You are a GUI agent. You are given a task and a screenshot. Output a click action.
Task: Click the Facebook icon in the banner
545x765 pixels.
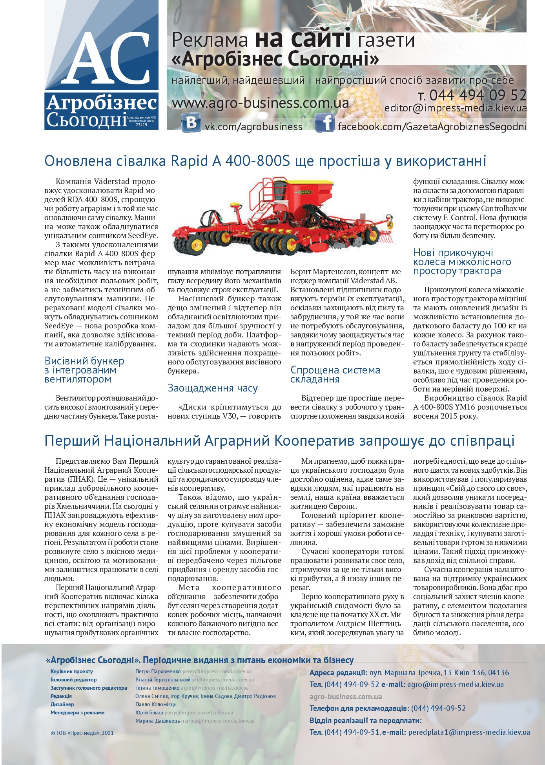pos(325,123)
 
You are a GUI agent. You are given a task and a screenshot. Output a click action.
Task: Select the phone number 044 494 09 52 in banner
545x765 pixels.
pos(477,95)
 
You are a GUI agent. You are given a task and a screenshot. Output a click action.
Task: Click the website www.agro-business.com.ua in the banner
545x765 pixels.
pos(260,103)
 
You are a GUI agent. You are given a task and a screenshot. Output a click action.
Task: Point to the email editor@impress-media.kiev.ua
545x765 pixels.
pos(455,108)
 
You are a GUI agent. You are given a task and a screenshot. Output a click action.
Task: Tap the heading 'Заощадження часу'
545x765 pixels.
pos(213,388)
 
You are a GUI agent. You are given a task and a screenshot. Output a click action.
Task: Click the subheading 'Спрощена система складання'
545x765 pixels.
pos(335,375)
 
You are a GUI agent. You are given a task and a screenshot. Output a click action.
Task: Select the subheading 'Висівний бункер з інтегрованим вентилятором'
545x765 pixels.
pos(84,370)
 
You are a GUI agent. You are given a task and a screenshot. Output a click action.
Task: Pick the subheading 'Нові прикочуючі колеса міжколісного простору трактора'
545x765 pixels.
pos(462,262)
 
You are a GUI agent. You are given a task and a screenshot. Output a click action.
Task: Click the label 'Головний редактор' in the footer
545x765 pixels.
pos(73,679)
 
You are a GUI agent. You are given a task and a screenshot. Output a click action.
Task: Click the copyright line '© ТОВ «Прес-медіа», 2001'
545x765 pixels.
pos(82,732)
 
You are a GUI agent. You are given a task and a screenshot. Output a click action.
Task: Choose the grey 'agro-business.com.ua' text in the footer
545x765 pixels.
pos(345,697)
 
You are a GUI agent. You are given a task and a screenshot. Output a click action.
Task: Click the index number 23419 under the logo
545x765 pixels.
pos(141,125)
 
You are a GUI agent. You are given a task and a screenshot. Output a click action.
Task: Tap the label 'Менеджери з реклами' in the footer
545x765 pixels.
pos(77,712)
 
